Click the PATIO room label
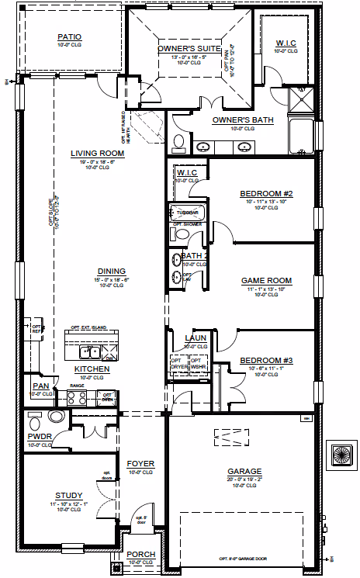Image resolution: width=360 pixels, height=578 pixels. coord(70,36)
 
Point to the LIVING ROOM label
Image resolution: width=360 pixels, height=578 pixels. coord(98,153)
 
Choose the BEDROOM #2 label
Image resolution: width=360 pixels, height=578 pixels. coord(265,192)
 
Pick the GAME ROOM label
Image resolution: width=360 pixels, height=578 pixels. coord(266,280)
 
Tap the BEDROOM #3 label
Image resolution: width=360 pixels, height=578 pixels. coord(265,360)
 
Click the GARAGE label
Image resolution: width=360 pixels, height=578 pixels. coord(244,471)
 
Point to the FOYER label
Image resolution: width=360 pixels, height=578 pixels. coord(141,464)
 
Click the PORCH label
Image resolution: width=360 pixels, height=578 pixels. coord(141,554)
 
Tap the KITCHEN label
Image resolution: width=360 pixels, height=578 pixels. coord(92,369)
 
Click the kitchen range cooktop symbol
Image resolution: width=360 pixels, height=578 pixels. coord(78,397)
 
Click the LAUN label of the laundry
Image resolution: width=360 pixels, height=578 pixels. coord(195,337)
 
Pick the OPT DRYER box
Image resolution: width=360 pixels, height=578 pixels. coord(178,363)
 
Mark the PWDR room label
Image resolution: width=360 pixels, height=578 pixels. coord(40,437)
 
